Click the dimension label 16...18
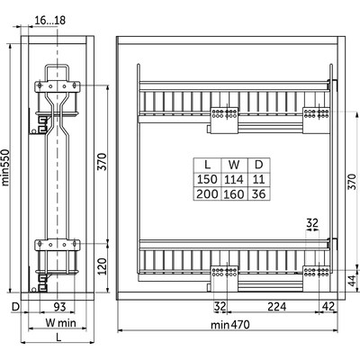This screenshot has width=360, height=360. pos(50,21)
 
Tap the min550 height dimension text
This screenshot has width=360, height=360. pos(5,167)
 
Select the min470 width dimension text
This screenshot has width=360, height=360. pos(229,325)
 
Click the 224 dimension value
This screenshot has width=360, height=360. pos(277,307)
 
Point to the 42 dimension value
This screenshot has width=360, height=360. pos(328,307)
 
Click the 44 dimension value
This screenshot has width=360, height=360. pos(353,280)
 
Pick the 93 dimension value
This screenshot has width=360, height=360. pos(59,307)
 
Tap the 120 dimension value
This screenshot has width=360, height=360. pos(103,265)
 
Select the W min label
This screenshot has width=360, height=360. pos(60,323)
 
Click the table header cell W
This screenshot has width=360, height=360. pos(234,165)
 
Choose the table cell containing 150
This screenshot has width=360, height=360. pos(207,180)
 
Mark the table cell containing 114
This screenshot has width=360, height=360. pos(234,180)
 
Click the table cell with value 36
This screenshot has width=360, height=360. pos(259,193)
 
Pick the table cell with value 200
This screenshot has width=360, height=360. pos(207,193)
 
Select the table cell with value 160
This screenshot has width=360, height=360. pos(234,193)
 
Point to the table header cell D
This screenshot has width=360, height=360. pos(259,165)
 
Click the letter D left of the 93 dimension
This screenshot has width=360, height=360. pos(15,307)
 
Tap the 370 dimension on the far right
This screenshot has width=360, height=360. pos(353,181)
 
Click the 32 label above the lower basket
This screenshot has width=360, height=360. pos(312,223)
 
